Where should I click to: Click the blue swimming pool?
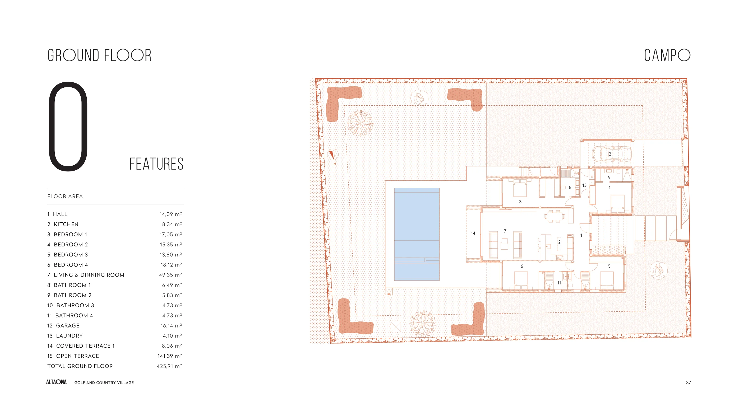coord(417,234)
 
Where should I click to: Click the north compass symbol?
coord(333,155)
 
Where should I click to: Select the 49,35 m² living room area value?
coord(170,275)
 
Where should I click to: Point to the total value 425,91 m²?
coord(169,366)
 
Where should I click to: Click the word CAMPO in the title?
coord(667,55)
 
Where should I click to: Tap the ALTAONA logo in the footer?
coord(57,382)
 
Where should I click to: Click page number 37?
coord(689,382)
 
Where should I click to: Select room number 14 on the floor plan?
coord(473,233)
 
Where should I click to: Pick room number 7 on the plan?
coord(505,231)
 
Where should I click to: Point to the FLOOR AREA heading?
coord(65,197)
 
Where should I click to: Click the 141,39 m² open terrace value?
coord(169,356)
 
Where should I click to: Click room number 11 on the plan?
coord(559,283)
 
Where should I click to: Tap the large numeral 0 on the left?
coord(68,127)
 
